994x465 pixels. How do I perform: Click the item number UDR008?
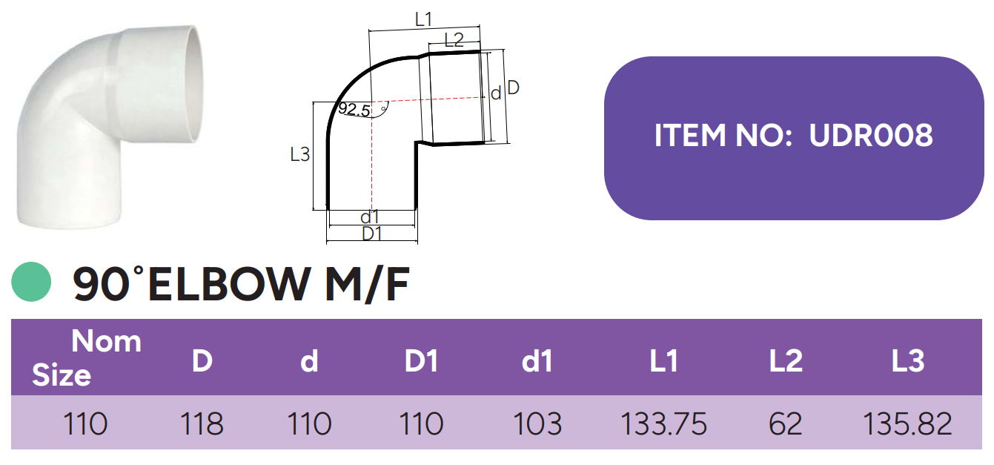871,136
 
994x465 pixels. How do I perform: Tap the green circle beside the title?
31,283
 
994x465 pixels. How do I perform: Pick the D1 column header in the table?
421,361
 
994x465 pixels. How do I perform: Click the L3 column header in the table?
907,361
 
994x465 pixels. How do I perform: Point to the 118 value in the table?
202,424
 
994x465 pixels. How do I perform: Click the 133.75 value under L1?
663,424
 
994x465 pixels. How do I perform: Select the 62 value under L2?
786,424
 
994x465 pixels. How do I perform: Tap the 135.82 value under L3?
907,424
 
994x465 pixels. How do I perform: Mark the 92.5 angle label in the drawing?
354,111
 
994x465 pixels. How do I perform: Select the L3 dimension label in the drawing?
299,155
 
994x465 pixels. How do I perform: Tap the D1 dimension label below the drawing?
371,234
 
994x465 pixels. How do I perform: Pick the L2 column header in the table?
786,361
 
